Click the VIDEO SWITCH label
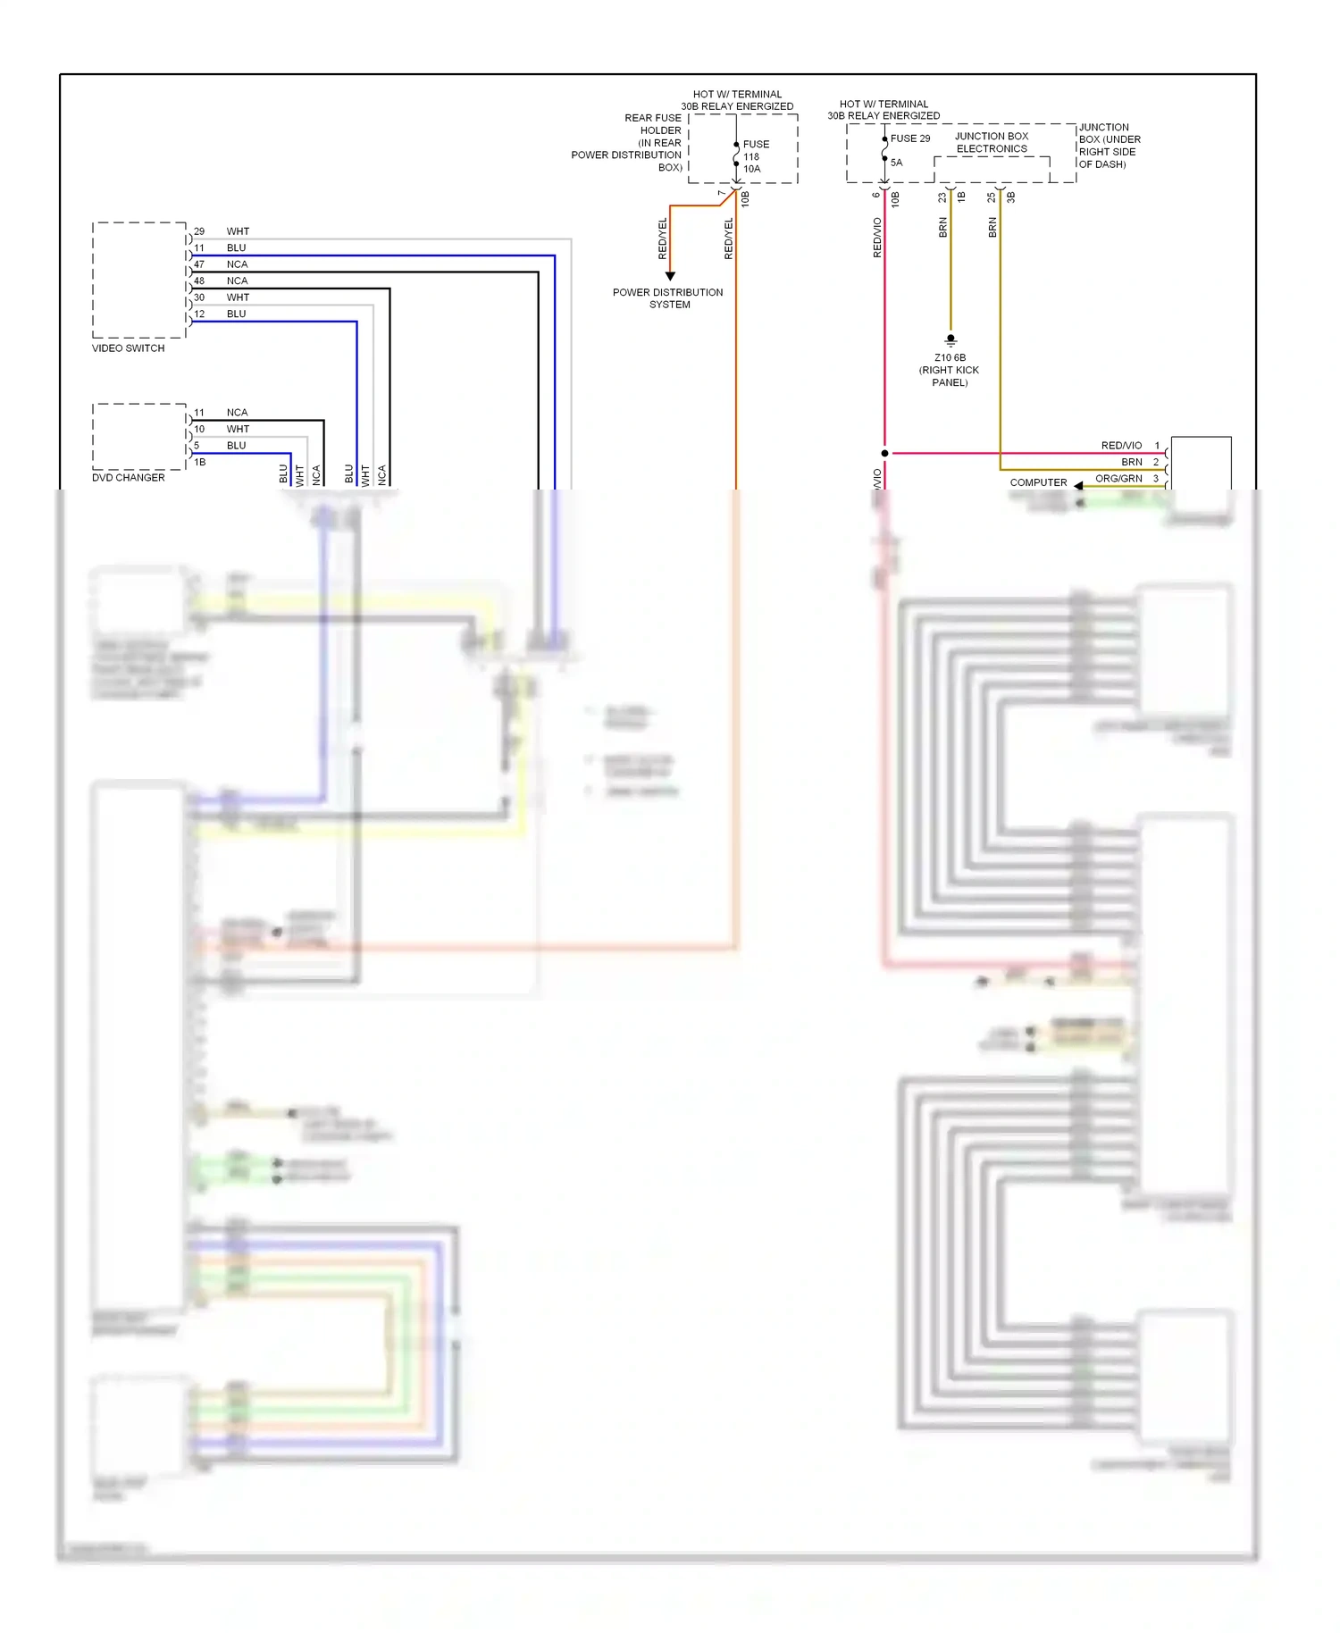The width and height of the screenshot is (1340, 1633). pos(128,348)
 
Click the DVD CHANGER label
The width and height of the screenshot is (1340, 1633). pos(128,478)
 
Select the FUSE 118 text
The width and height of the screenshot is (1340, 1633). pos(755,150)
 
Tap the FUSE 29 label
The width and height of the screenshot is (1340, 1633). pos(909,138)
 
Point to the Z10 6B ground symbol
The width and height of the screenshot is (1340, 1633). pos(951,340)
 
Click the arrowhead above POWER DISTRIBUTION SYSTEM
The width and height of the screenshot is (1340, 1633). pos(670,276)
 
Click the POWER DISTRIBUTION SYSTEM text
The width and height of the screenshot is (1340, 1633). pos(668,298)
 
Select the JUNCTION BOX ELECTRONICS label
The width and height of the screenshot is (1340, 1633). pos(992,143)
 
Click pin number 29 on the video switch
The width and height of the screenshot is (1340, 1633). pos(199,231)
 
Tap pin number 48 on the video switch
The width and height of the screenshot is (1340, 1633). pos(199,281)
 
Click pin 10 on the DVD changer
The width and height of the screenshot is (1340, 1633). pos(199,430)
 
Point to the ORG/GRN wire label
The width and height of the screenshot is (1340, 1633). pos(1118,479)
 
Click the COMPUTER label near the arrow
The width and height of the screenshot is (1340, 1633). pos(1038,482)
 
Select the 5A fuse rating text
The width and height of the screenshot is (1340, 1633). pos(896,163)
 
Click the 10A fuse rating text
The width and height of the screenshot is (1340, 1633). pos(752,169)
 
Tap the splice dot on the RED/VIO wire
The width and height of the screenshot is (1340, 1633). pos(884,453)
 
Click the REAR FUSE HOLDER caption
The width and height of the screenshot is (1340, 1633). pos(652,124)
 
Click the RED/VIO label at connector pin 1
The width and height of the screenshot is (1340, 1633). pos(1121,446)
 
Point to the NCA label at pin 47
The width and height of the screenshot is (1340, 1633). pos(237,264)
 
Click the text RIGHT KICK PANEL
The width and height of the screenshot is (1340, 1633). pos(950,376)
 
